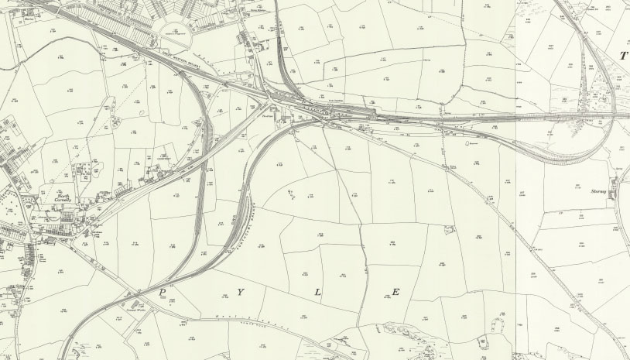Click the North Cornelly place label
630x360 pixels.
(x=63, y=199)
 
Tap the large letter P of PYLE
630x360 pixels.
(x=163, y=292)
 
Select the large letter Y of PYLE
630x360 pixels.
(x=241, y=292)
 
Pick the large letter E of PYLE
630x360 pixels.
(x=395, y=292)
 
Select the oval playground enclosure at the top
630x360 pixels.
(x=180, y=33)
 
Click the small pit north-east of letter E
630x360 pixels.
(x=449, y=229)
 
